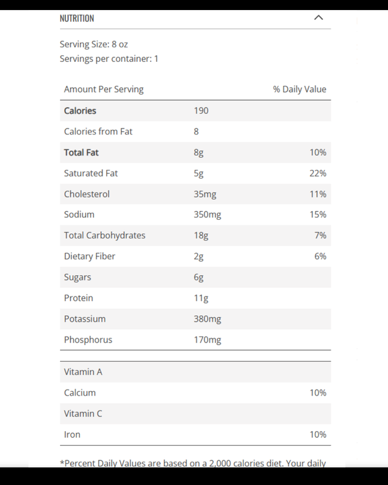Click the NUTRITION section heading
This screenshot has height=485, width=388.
[x=77, y=18]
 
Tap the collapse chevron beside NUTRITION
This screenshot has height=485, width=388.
[x=319, y=18]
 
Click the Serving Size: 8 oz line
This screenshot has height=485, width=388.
[x=94, y=44]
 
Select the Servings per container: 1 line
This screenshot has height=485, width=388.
[x=109, y=59]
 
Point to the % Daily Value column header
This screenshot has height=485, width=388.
[x=299, y=89]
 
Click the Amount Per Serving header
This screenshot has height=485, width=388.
[x=104, y=89]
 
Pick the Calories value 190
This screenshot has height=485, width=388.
[x=201, y=111]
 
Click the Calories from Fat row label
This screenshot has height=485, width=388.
[x=98, y=131]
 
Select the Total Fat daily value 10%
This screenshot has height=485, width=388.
[x=318, y=153]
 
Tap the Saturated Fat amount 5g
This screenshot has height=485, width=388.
[x=199, y=173]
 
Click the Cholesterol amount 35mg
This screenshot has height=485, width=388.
[x=205, y=194]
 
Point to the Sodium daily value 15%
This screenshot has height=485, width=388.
[x=318, y=215]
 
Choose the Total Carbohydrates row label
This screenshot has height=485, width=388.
[x=105, y=235]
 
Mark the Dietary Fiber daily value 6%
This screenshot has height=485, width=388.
[x=320, y=256]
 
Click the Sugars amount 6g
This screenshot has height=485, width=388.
[x=199, y=277]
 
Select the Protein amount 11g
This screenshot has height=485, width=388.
[x=201, y=298]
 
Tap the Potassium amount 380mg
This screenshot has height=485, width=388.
[x=207, y=318]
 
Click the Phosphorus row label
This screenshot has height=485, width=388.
[x=88, y=340]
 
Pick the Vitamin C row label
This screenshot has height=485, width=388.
[x=83, y=414]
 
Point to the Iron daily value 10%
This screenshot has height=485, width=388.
[x=318, y=434]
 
